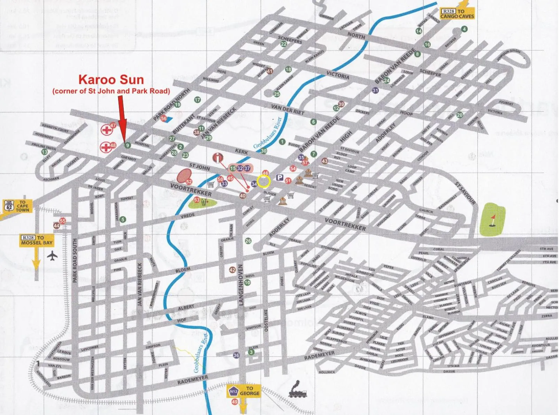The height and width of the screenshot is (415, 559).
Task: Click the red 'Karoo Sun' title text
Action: pos(111,80)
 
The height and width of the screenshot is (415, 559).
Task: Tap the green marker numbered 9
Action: pos(128,145)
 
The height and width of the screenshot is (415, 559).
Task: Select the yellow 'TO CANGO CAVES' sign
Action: pos(457,14)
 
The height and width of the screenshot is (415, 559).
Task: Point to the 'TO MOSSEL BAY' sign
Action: pos(37,241)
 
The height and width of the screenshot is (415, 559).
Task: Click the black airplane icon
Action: pos(52,256)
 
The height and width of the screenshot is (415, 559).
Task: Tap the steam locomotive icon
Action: pos(298,390)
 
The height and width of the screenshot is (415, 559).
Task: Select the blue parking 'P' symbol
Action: pos(279,178)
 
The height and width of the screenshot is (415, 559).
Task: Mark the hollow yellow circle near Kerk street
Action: pos(263,181)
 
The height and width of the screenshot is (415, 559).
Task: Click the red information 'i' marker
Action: pos(218,158)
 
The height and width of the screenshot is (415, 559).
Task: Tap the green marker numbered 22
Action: pos(284,44)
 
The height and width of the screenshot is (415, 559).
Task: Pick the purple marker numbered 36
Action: pos(236,355)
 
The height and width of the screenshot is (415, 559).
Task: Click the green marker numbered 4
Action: pos(464,29)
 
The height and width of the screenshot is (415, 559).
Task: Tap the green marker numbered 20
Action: pos(460,115)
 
